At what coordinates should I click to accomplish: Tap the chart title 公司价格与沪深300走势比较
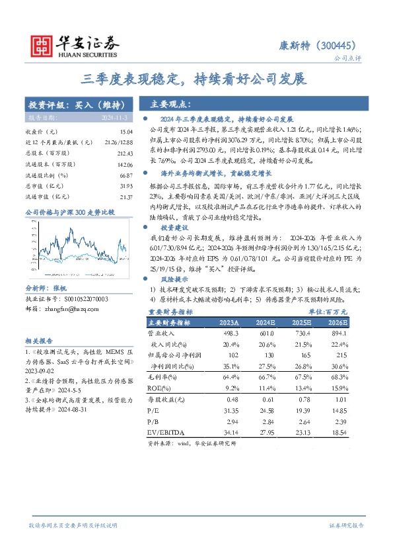pyautogui.click(x=70, y=212)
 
